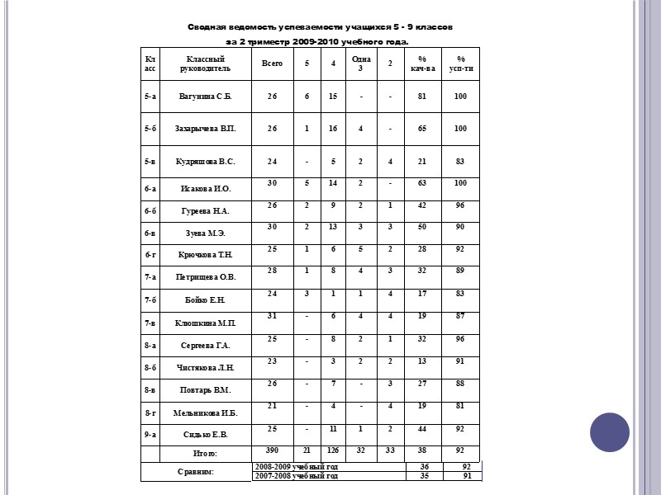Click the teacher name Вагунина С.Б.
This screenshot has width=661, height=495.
click(206, 97)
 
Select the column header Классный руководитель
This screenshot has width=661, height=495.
click(206, 64)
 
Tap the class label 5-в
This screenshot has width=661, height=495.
click(150, 162)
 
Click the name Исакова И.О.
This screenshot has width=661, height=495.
click(206, 190)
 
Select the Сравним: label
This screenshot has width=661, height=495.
click(197, 472)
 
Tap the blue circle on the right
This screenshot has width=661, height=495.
click(610, 432)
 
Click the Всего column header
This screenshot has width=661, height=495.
click(272, 64)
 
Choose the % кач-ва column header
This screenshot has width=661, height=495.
click(421, 64)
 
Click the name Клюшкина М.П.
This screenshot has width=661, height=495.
click(206, 323)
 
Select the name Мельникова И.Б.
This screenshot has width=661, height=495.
click(206, 412)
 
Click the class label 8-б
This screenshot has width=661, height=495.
click(150, 367)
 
